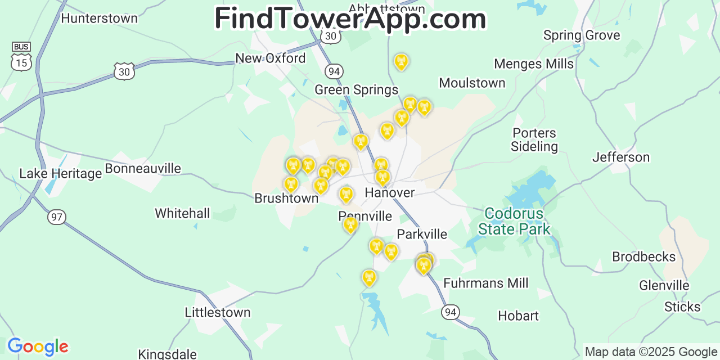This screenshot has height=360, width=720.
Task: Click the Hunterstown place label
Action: [x=99, y=18]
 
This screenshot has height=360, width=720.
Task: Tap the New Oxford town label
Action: [x=271, y=58]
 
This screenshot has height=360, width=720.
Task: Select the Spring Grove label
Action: [x=582, y=35]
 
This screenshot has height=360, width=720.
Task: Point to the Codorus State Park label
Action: [x=514, y=221]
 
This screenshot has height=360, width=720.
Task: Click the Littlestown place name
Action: [x=218, y=312]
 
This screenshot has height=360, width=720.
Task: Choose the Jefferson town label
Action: [x=621, y=157]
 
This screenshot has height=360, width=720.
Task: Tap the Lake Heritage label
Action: [x=61, y=173]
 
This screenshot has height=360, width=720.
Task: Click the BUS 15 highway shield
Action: [x=21, y=57]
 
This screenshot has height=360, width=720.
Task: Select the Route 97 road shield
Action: [x=57, y=217]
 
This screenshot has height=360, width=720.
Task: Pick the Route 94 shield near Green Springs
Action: [x=334, y=71]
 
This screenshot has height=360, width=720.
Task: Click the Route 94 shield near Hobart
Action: [x=451, y=312]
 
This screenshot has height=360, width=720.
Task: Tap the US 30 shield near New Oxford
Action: [x=124, y=71]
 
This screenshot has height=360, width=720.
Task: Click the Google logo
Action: [x=38, y=346]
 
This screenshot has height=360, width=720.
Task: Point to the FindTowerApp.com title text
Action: [x=350, y=19]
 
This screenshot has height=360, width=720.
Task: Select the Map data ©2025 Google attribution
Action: [x=651, y=352]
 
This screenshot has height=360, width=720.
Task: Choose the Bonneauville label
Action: [x=143, y=168]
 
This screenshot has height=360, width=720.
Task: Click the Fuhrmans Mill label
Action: [x=486, y=282]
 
